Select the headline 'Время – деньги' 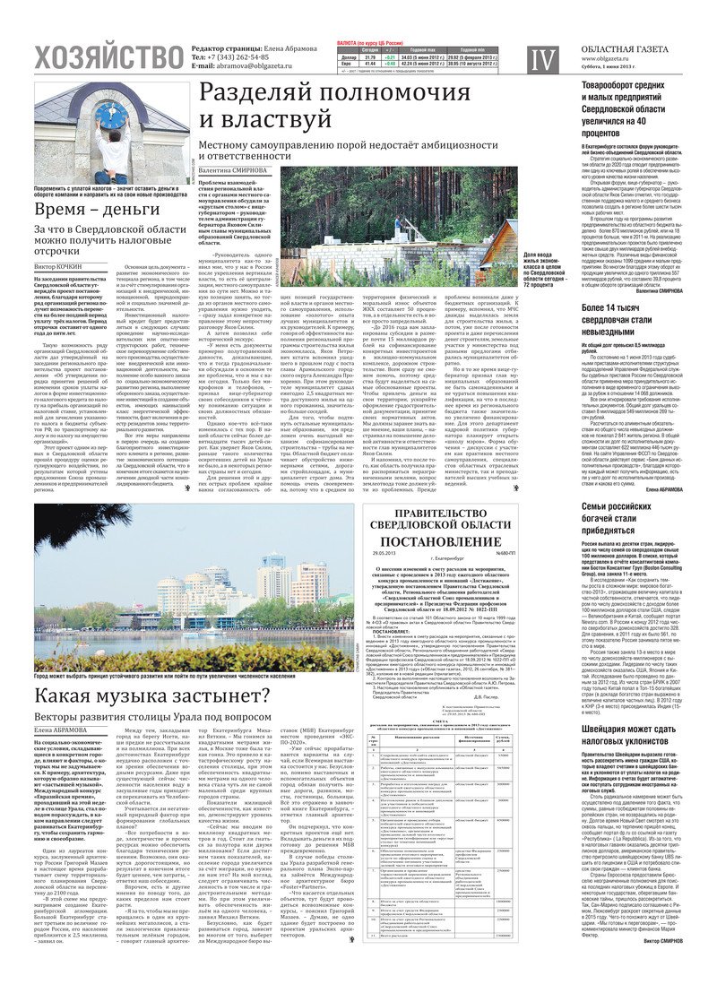pyautogui.click(x=86, y=211)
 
